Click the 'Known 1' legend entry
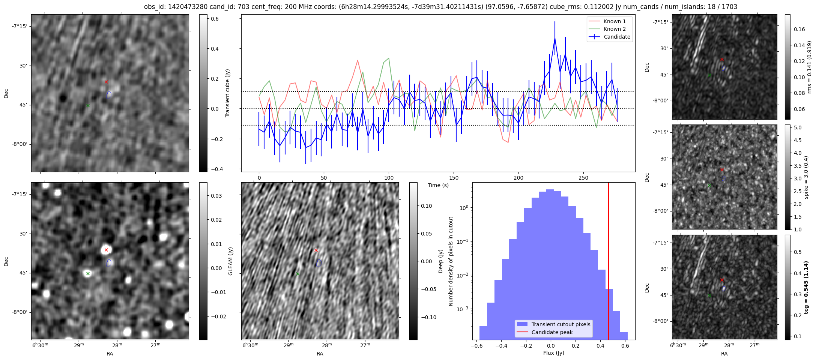[x=614, y=21]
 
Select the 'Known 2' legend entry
[x=614, y=29]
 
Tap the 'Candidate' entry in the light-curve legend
[x=617, y=37]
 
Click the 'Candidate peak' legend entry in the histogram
[x=552, y=332]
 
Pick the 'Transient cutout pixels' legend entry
[x=561, y=324]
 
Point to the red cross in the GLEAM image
[x=106, y=250]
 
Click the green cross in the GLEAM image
[x=88, y=274]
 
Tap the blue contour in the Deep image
[x=319, y=263]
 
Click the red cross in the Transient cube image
[x=106, y=82]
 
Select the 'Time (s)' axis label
[x=438, y=185]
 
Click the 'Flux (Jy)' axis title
[x=553, y=353]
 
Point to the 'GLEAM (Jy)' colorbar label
[x=230, y=261]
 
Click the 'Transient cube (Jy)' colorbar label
[x=227, y=93]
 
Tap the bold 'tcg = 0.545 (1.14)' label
[x=806, y=287]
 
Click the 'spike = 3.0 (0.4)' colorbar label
[x=806, y=177]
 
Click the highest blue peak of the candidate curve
[x=555, y=38]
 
